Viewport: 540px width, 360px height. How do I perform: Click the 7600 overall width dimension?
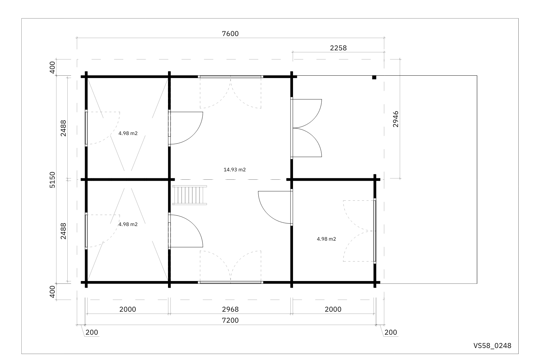coord(230,34)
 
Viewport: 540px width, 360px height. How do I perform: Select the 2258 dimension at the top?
coord(338,48)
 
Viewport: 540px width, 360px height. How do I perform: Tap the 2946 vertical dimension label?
coord(396,119)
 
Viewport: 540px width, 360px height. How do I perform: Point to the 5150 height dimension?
coord(52,180)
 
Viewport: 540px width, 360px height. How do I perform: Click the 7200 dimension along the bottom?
coord(230,320)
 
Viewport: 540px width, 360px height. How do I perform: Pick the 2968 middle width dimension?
coord(230,309)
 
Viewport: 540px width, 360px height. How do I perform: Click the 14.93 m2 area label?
coord(235,170)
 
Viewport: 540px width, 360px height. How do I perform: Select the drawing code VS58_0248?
coord(492,346)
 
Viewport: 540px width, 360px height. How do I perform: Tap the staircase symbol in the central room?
coord(189,195)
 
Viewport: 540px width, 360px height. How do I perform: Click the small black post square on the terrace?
coord(374,77)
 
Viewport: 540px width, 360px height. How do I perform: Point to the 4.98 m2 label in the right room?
coord(326,239)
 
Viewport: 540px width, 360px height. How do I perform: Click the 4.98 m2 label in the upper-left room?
coord(128,133)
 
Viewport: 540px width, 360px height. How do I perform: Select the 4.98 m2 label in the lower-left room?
coord(128,224)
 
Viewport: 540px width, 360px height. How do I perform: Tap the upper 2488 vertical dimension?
coord(63,128)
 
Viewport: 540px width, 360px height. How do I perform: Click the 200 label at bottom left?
coord(92,332)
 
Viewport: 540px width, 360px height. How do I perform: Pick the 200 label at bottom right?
coord(391,332)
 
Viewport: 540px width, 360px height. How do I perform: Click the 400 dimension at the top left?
coord(52,68)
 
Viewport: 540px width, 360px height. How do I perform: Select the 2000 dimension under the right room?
coord(333,309)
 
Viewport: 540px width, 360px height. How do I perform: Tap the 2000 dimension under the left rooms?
coord(128,309)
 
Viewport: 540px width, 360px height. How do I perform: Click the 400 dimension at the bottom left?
coord(52,292)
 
